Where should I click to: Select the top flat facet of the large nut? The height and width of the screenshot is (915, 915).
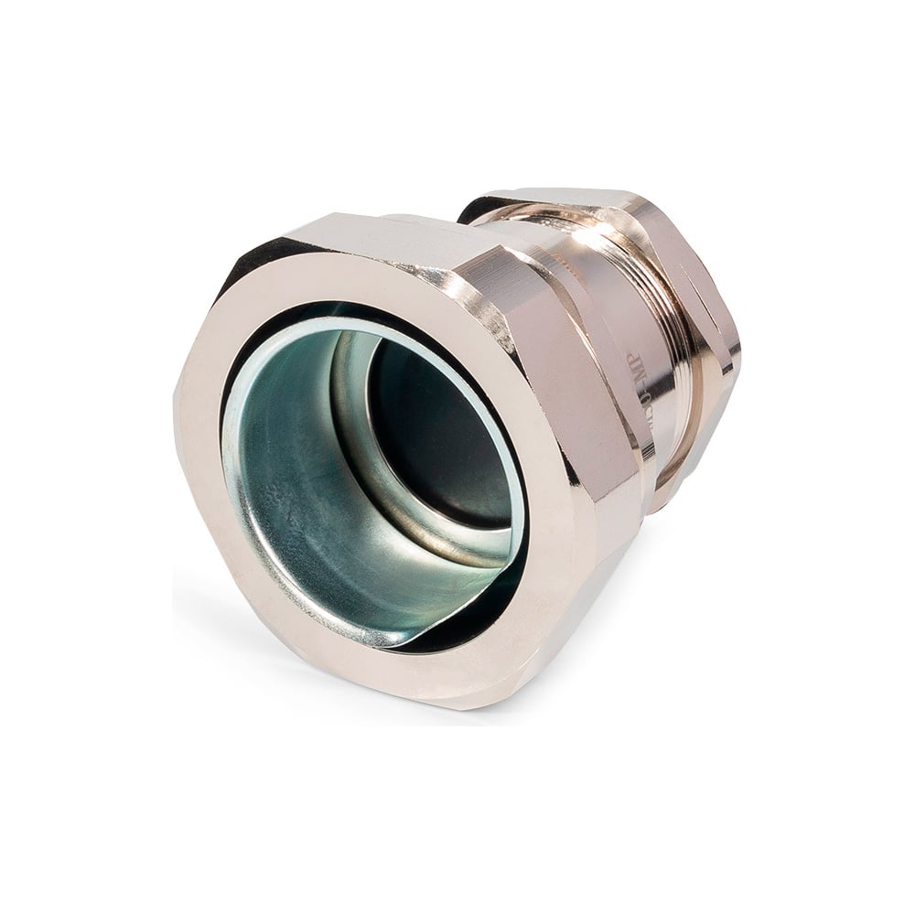pos(384,233)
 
